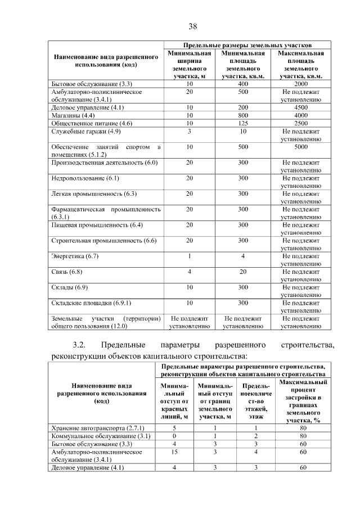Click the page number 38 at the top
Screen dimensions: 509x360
(192, 26)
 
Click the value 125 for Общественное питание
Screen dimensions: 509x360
(243, 123)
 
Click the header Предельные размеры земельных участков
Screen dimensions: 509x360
(247, 44)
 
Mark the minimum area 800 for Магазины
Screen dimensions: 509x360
(243, 115)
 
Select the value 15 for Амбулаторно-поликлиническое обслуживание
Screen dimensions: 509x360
(174, 452)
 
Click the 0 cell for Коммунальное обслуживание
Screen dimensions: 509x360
(174, 436)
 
